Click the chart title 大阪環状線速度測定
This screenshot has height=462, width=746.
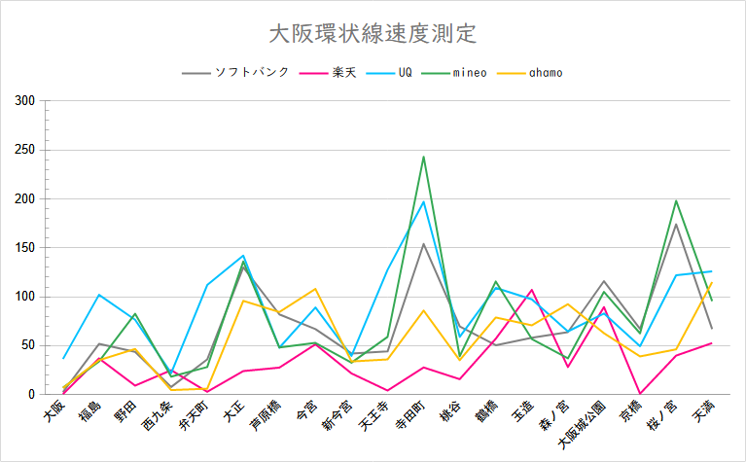coord(373,34)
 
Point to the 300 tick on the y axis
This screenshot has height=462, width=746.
coord(25,101)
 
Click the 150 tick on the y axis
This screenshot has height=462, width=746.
coord(25,248)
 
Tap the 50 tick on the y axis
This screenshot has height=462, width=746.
coord(28,345)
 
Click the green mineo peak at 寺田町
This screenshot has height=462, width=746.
coord(423,157)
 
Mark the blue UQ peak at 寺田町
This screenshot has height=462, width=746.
coord(423,201)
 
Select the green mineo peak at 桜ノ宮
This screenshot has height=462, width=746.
coord(676,200)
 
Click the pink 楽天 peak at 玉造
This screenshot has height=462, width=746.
coord(532,290)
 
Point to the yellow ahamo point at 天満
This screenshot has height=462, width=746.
coord(712,283)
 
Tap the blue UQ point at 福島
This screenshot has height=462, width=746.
coord(99,295)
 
